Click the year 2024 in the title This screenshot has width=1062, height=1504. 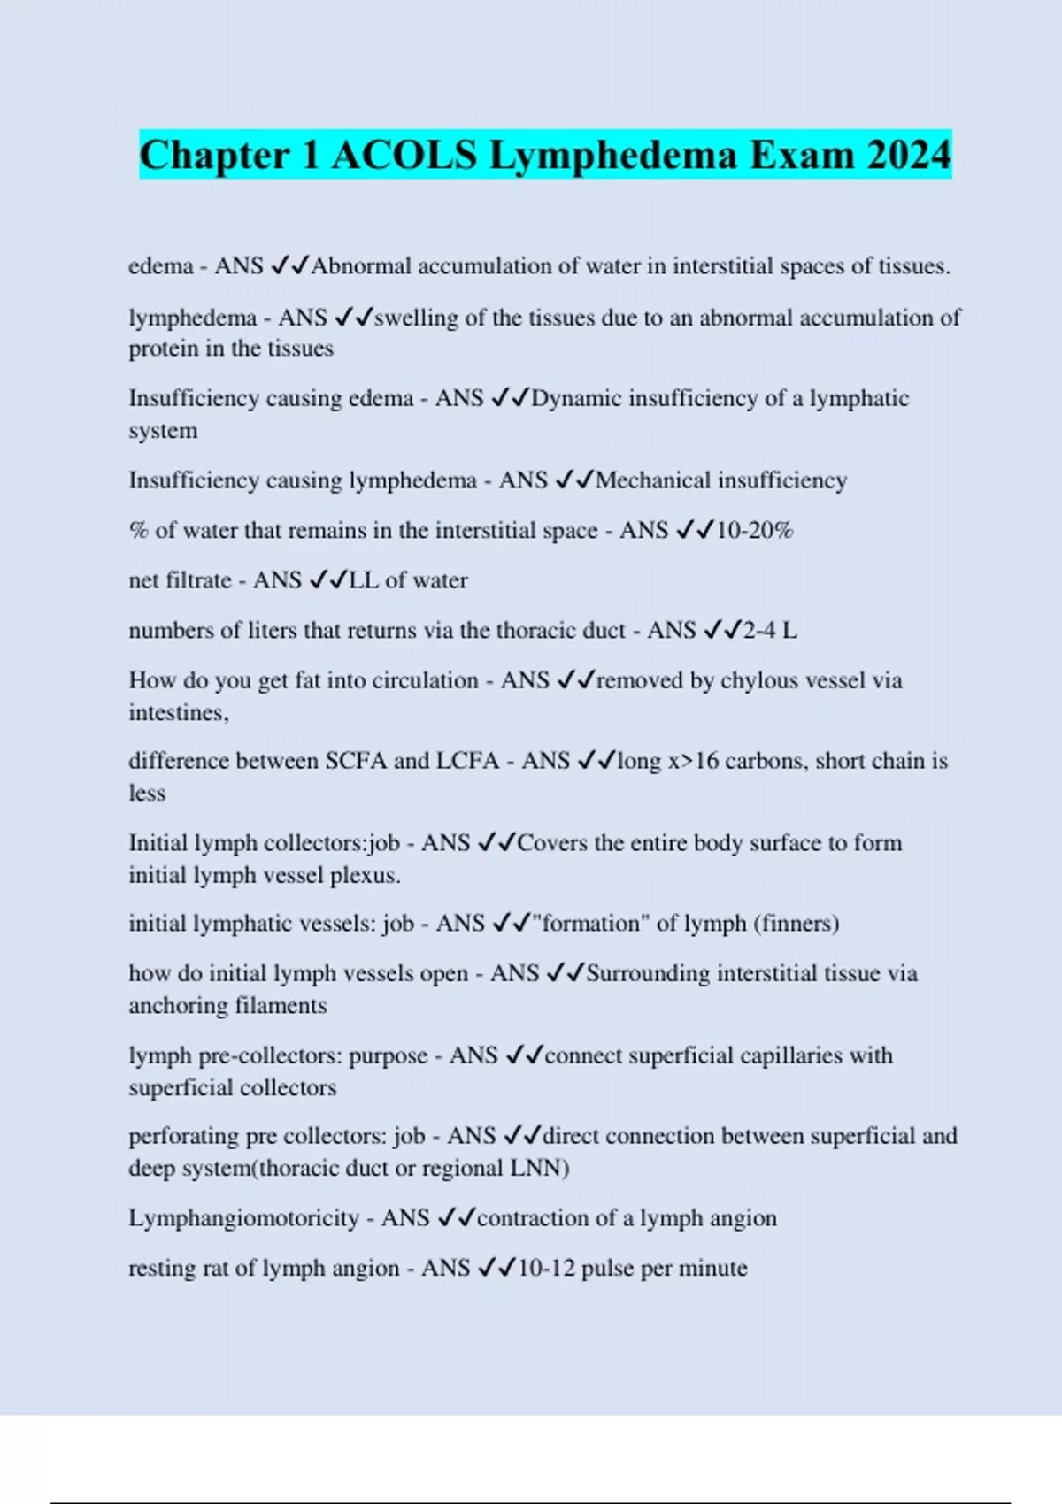(x=909, y=156)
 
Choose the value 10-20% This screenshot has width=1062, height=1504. (x=755, y=531)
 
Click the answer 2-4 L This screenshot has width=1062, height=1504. (x=769, y=631)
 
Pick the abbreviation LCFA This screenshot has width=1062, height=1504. (x=468, y=761)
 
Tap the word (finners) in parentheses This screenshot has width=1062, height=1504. (x=796, y=924)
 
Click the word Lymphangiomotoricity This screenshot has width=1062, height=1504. (x=243, y=1218)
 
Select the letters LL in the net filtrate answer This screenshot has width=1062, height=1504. (x=364, y=580)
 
